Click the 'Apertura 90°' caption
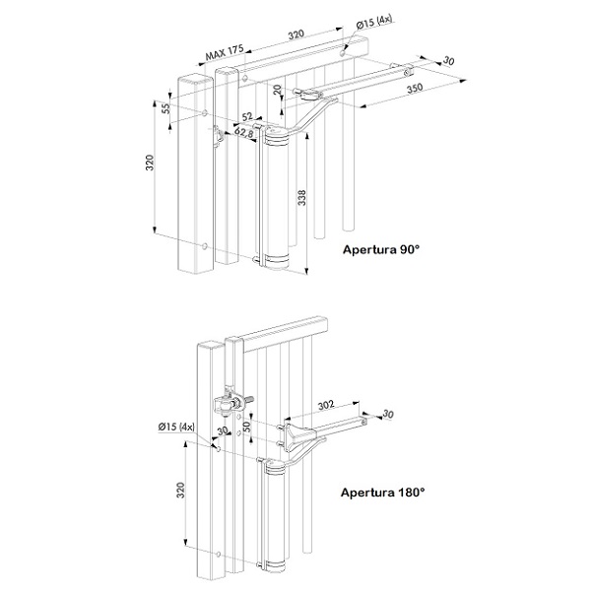pyautogui.click(x=381, y=249)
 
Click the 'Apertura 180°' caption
pyautogui.click(x=383, y=493)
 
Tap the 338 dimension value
pyautogui.click(x=301, y=197)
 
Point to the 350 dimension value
pyautogui.click(x=415, y=89)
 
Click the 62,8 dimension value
pyautogui.click(x=244, y=132)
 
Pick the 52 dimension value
pyautogui.click(x=246, y=116)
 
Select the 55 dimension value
pyautogui.click(x=166, y=108)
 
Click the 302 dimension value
pyautogui.click(x=326, y=405)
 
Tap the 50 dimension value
pyautogui.click(x=246, y=428)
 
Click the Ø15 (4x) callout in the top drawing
pyautogui.click(x=374, y=23)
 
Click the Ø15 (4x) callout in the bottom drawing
pyautogui.click(x=176, y=427)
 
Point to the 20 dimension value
pyautogui.click(x=278, y=91)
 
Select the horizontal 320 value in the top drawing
pyautogui.click(x=296, y=34)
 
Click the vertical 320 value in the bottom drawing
pyautogui.click(x=181, y=490)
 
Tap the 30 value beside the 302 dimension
pyautogui.click(x=388, y=414)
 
